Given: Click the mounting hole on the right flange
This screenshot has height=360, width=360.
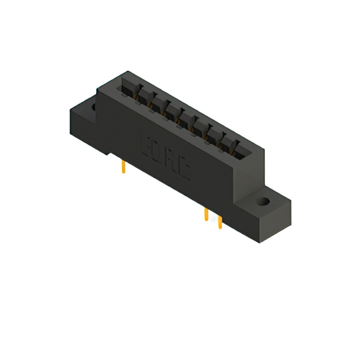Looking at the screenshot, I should [x=262, y=200].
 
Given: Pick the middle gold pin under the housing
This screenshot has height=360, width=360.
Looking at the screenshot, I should [x=206, y=215].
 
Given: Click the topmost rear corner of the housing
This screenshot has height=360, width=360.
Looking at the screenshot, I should [x=129, y=71].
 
